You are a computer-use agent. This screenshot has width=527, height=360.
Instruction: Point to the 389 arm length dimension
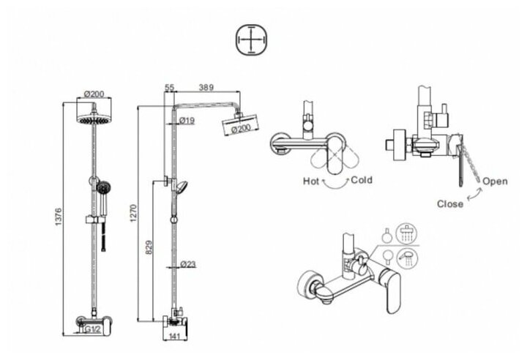(206, 87)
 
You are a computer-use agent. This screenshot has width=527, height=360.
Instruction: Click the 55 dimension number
(170, 87)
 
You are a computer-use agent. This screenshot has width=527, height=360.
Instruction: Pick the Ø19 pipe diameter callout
(185, 120)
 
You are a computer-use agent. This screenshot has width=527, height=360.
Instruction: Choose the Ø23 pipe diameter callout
(187, 265)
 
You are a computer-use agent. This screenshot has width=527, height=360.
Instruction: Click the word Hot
(311, 179)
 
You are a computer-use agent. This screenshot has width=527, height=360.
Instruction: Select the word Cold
(362, 179)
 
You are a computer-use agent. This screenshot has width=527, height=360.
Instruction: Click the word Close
(449, 203)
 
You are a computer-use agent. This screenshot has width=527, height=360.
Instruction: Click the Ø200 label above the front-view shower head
(95, 94)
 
